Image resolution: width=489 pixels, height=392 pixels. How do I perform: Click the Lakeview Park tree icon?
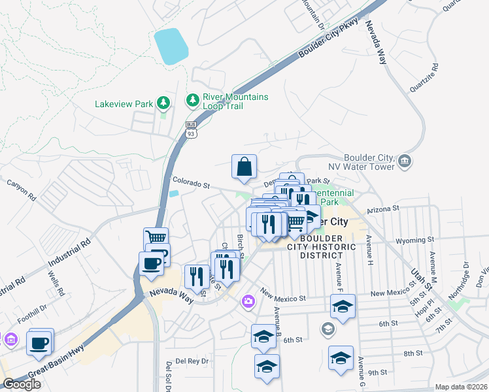pos(163,103)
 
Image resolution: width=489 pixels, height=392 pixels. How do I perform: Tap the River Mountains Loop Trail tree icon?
pos(193,100)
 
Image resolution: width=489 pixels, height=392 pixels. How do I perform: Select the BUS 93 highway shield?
pos(191,129)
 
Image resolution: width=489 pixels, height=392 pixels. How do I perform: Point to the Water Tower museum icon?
pos(404,160)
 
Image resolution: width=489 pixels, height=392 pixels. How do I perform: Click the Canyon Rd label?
pos(22,191)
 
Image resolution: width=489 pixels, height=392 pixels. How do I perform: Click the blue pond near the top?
pos(171,46)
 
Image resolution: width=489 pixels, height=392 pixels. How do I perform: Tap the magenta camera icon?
pos(248,301)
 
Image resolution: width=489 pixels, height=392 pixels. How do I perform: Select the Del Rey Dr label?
pos(192,361)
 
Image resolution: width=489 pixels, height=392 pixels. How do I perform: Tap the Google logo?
pos(22,384)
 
